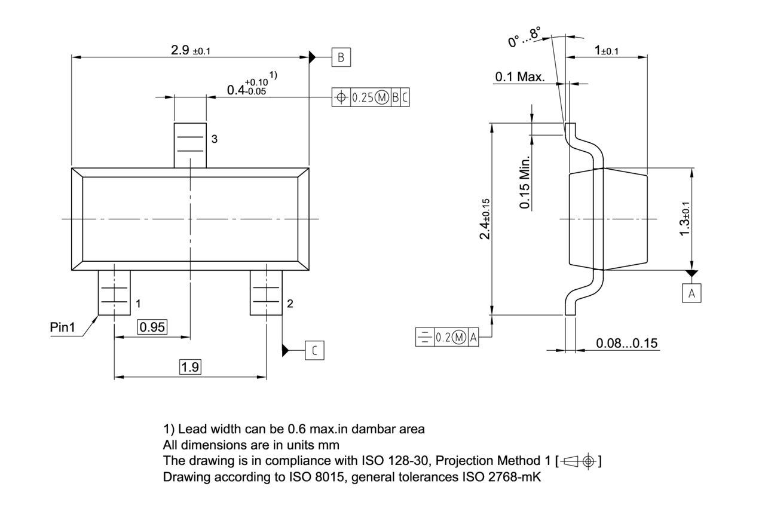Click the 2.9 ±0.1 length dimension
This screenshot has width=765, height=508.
pyautogui.click(x=190, y=50)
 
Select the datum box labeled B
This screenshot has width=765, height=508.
pyautogui.click(x=341, y=57)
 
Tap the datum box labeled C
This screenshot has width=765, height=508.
pyautogui.click(x=315, y=350)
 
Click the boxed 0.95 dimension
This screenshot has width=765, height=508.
pyautogui.click(x=152, y=326)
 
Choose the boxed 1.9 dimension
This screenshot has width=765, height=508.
pyautogui.click(x=190, y=367)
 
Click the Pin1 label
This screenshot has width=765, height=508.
pyautogui.click(x=64, y=328)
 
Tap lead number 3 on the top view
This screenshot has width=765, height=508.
pyautogui.click(x=190, y=145)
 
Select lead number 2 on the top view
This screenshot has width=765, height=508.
pyautogui.click(x=266, y=293)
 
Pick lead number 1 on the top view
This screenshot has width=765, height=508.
pyautogui.click(x=114, y=293)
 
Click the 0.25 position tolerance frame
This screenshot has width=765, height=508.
pyautogui.click(x=371, y=97)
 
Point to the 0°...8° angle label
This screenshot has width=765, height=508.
pyautogui.click(x=524, y=37)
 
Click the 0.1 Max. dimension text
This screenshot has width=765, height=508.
pyautogui.click(x=519, y=77)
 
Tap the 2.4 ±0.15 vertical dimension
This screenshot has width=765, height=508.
pyautogui.click(x=485, y=219)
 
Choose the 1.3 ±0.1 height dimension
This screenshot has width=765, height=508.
pyautogui.click(x=685, y=218)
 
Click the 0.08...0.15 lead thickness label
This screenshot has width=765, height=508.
pyautogui.click(x=626, y=343)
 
